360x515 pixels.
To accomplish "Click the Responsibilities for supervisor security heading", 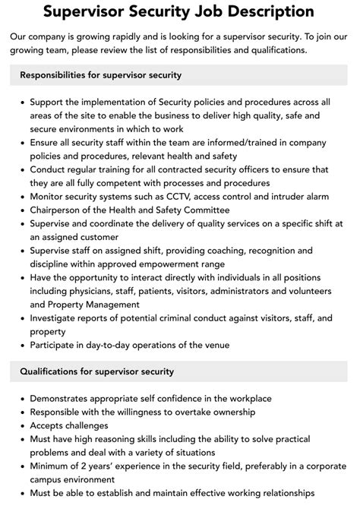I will click(x=101, y=75).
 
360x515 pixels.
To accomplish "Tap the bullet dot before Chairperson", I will click(x=24, y=210).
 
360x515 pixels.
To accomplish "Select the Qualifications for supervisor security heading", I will click(x=97, y=371).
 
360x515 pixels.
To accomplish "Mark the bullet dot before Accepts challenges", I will click(x=24, y=425).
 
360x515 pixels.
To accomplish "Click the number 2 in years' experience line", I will click(x=91, y=466).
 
